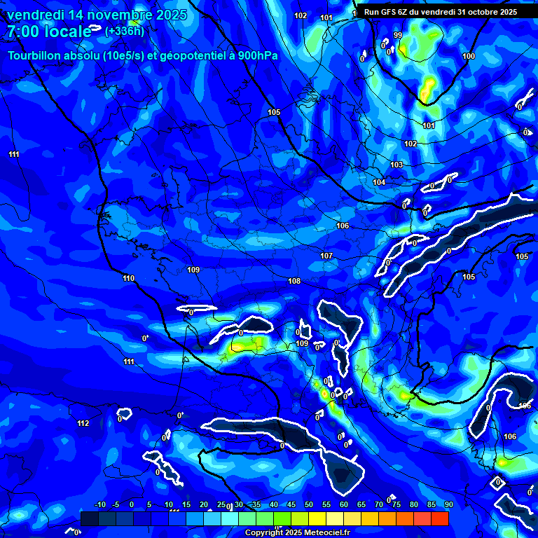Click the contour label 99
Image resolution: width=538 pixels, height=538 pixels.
(x=398, y=35)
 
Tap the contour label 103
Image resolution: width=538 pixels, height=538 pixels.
(x=396, y=165)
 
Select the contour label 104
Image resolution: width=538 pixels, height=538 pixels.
(x=379, y=182)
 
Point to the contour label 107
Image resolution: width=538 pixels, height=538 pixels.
(x=326, y=256)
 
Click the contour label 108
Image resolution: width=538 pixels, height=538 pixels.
(x=294, y=281)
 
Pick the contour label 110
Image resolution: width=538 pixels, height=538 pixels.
(x=128, y=278)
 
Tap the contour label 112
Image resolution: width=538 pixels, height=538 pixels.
(x=83, y=423)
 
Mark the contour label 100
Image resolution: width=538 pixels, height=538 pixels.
(x=469, y=56)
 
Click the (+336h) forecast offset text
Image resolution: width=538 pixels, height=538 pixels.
(x=124, y=31)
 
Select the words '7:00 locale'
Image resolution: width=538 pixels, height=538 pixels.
(x=49, y=32)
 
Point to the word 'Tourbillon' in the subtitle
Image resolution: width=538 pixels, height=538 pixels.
(x=39, y=56)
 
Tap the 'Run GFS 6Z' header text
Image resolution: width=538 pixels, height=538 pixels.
(x=385, y=12)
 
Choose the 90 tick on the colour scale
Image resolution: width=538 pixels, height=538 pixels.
(x=448, y=505)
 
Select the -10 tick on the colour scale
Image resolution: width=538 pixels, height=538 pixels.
(x=99, y=505)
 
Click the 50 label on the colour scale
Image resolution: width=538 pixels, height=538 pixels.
(x=309, y=505)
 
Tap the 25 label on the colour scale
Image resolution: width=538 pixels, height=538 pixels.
(x=221, y=505)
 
